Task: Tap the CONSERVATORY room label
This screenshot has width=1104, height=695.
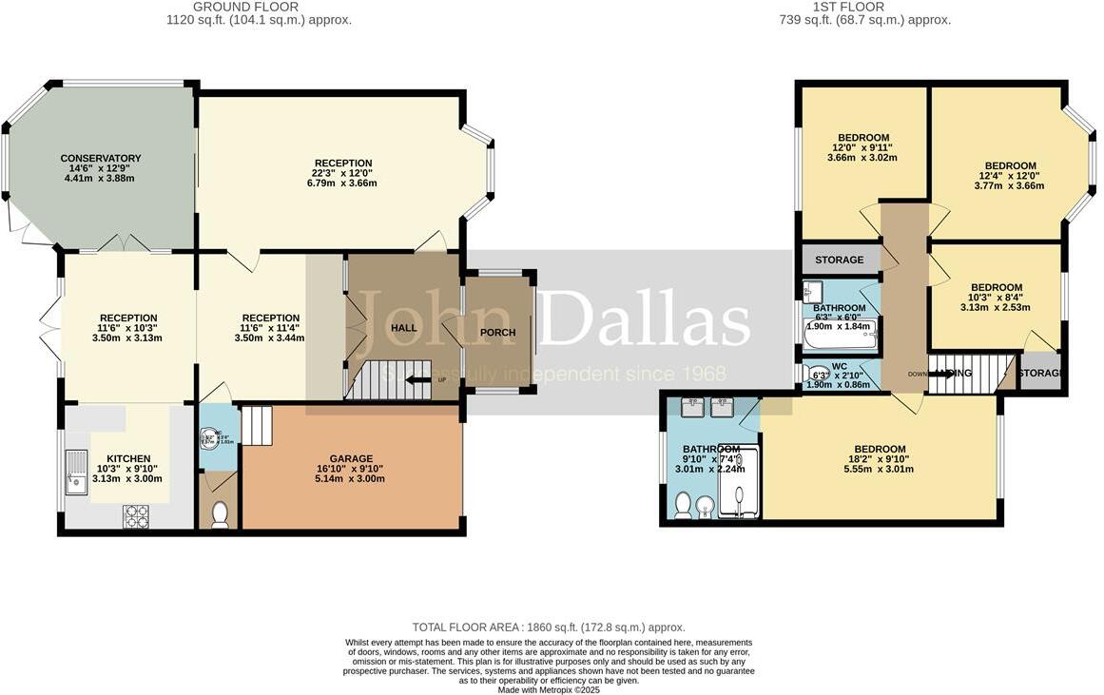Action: coord(101,159)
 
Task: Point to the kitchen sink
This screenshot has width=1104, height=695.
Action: coord(75,472)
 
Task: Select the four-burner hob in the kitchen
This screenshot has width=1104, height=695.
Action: coord(136,515)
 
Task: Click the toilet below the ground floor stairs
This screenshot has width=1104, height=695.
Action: coord(220,514)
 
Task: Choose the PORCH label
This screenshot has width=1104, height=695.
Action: coord(497,333)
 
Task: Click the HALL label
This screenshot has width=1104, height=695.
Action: coord(404,328)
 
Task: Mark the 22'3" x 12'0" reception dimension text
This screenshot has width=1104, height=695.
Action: coord(343,173)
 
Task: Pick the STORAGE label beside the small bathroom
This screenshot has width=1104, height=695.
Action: coord(839,260)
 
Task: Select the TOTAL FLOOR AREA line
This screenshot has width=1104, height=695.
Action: coord(549,627)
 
